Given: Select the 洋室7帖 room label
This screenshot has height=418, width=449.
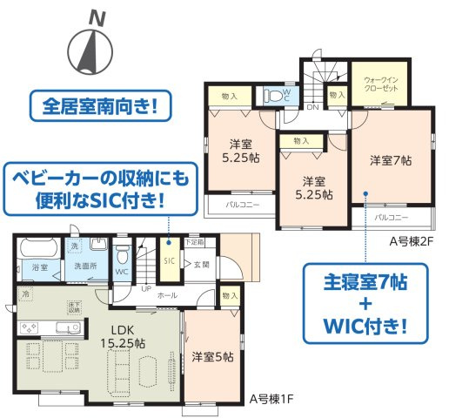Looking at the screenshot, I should [391, 160].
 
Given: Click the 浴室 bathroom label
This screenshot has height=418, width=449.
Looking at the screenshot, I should [38, 266].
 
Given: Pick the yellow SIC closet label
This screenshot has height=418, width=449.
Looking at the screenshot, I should [169, 260].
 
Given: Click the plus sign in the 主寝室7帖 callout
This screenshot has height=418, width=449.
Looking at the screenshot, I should [365, 306].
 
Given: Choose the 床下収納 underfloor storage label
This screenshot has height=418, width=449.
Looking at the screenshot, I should [76, 306].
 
